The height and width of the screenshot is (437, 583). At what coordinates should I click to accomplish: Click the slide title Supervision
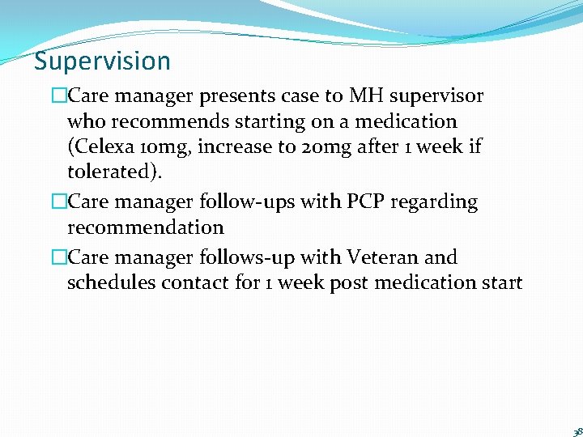coord(102,62)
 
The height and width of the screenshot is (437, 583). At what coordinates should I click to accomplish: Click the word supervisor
coord(439,96)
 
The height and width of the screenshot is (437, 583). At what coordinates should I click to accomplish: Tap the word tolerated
coord(113,174)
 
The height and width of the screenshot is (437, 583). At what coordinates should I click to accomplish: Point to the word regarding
coord(438,202)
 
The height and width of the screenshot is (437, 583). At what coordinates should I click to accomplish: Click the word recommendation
coord(145,227)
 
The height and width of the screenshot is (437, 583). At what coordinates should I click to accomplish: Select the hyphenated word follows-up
coord(247,257)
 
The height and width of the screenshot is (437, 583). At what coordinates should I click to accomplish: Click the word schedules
coord(111,283)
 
